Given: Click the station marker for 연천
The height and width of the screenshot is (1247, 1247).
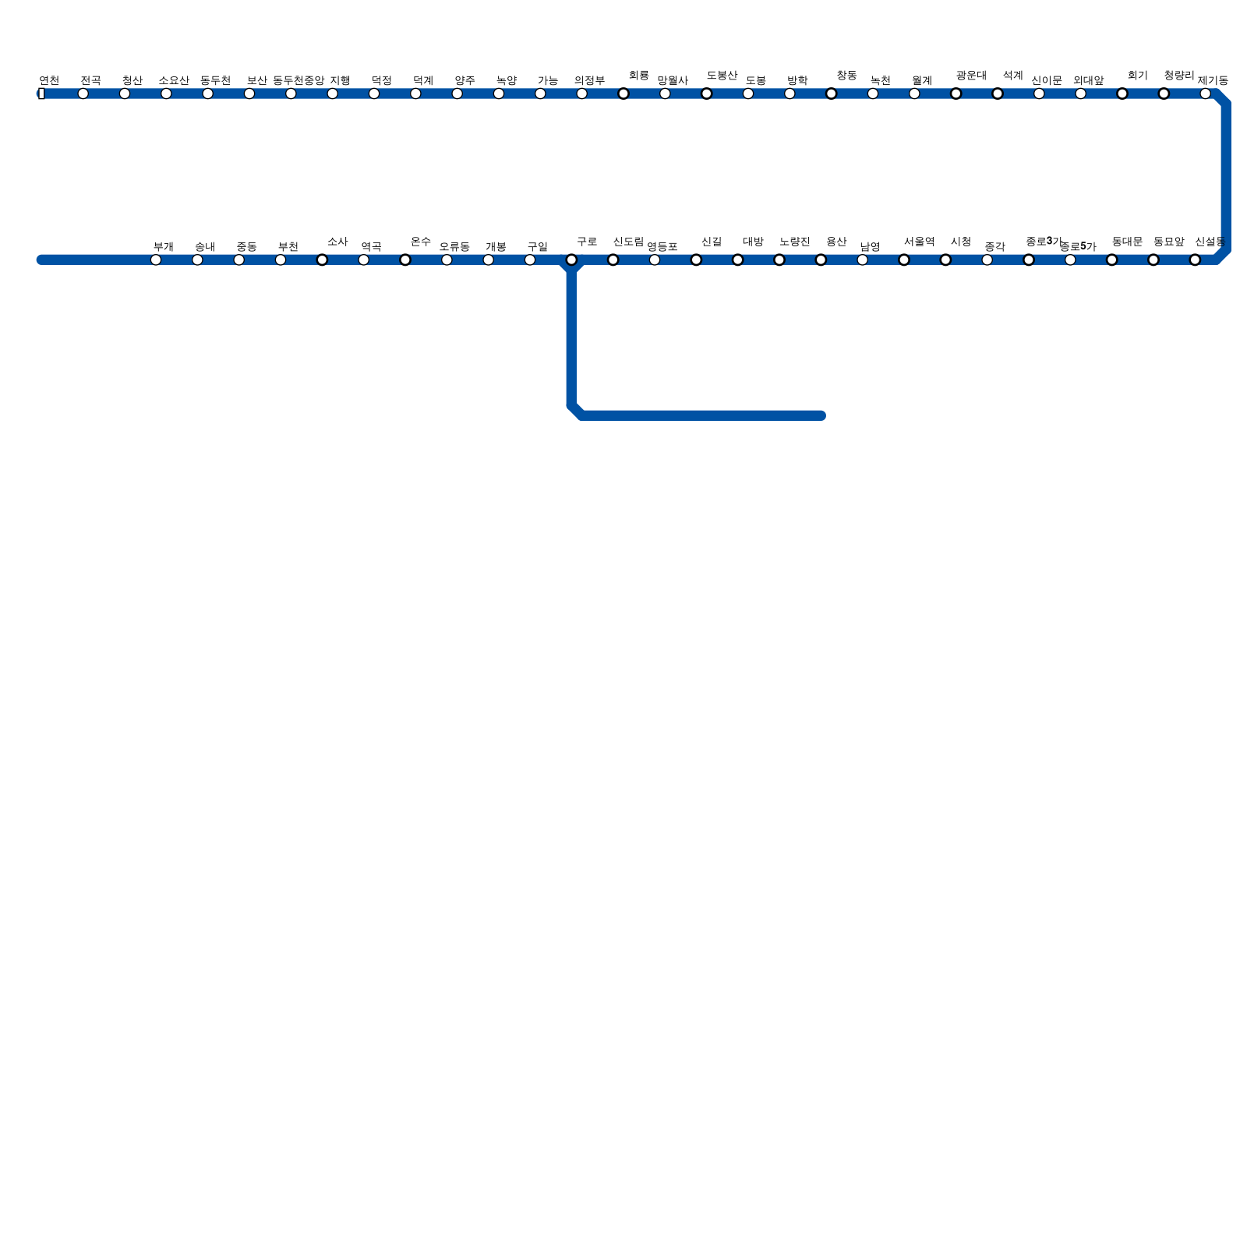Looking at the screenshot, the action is point(41,94).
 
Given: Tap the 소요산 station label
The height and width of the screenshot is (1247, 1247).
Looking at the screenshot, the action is point(174,80).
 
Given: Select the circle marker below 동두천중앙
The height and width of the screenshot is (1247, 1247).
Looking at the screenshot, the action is point(291,94).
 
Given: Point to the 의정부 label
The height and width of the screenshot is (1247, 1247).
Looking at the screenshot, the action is point(589,80).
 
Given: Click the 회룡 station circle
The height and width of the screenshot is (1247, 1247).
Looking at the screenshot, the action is point(623,94).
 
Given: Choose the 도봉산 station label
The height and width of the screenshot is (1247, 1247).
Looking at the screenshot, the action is point(722,76).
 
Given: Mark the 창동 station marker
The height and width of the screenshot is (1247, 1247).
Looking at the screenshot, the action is point(831,94).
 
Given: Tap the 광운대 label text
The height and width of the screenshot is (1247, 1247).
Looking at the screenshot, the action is point(971,76).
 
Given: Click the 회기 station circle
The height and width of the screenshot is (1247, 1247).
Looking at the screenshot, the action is point(1122,94).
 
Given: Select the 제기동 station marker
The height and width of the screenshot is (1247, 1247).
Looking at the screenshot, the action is point(1205,94).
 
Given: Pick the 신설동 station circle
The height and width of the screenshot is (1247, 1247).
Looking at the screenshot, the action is point(1195,260).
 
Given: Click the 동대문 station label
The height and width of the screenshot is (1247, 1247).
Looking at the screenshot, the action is point(1127,242).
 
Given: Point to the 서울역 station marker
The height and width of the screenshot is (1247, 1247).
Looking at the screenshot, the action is point(904,260).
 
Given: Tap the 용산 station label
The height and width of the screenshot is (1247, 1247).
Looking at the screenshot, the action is point(836,242).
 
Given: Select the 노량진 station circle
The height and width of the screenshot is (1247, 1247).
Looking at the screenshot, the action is point(779,260).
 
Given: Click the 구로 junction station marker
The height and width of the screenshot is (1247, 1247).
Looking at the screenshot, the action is point(571,260).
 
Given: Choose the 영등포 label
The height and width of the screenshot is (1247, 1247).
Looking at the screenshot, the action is point(662,247).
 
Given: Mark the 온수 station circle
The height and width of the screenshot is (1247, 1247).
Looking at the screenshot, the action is point(405,260).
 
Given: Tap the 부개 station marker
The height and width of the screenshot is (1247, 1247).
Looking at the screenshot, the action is point(156,260).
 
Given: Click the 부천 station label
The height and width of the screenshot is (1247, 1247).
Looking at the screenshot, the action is point(288,247).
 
